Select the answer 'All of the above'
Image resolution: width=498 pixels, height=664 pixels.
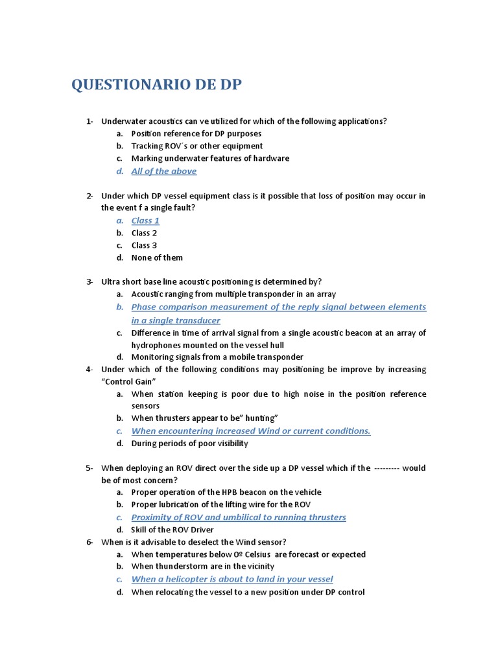pos(163,171)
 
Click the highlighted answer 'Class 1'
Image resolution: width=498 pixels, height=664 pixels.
pos(145,220)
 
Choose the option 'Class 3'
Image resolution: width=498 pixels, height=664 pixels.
pos(144,245)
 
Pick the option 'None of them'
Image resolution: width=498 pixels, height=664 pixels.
pos(157,257)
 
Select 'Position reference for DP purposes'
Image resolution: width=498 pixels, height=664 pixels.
pos(196,134)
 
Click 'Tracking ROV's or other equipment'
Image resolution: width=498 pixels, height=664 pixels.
pos(196,146)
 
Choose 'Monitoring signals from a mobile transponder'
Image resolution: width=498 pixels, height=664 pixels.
pos(217,357)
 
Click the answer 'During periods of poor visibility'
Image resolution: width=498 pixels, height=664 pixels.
pos(189,444)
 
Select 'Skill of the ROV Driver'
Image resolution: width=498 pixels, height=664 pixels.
pos(172,530)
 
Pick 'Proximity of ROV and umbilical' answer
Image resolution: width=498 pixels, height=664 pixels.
pos(238,517)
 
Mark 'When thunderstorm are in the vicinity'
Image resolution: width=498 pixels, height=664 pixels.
pos(202,567)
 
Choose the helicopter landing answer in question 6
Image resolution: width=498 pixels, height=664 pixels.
pos(231,579)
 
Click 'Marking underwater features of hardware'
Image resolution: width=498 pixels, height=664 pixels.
pos(210,158)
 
